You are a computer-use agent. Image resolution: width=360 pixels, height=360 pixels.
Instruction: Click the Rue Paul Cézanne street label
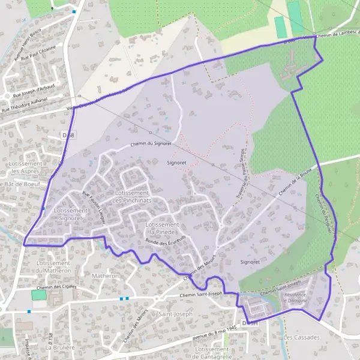[38, 53]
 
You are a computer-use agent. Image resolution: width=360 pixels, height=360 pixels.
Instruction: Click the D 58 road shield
[68, 136]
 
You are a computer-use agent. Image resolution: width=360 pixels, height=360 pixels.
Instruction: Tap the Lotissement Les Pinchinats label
[130, 196]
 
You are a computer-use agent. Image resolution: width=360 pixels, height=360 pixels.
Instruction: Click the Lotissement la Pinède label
[161, 227]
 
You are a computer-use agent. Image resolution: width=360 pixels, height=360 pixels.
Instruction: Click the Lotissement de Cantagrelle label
[213, 352]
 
